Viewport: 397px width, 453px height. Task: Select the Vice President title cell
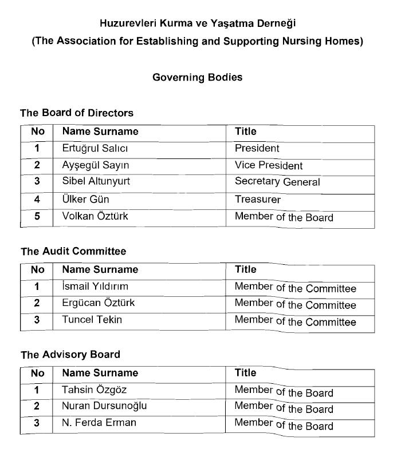[269, 165]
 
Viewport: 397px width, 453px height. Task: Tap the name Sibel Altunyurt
[96, 182]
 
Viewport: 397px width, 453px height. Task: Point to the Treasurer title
[258, 200]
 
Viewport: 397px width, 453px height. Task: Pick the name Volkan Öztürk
[95, 216]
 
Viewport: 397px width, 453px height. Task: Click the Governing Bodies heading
[197, 77]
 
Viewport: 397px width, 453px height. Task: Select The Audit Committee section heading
[73, 251]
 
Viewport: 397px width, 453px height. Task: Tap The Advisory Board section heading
[70, 355]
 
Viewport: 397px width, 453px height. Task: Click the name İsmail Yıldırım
[95, 287]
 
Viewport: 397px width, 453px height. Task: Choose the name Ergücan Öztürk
[99, 303]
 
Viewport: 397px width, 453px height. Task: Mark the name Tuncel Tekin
[92, 320]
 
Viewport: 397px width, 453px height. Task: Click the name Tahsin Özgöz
[94, 390]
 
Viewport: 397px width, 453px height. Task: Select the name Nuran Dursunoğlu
[104, 407]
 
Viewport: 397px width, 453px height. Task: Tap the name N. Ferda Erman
[99, 423]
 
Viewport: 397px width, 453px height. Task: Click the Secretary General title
[277, 182]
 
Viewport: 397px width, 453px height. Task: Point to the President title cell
[257, 149]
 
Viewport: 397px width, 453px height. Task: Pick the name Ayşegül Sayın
[95, 165]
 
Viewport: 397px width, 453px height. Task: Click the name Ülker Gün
[85, 200]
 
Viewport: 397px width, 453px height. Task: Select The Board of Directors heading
[77, 113]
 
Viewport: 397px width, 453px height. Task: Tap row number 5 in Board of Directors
[37, 216]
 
